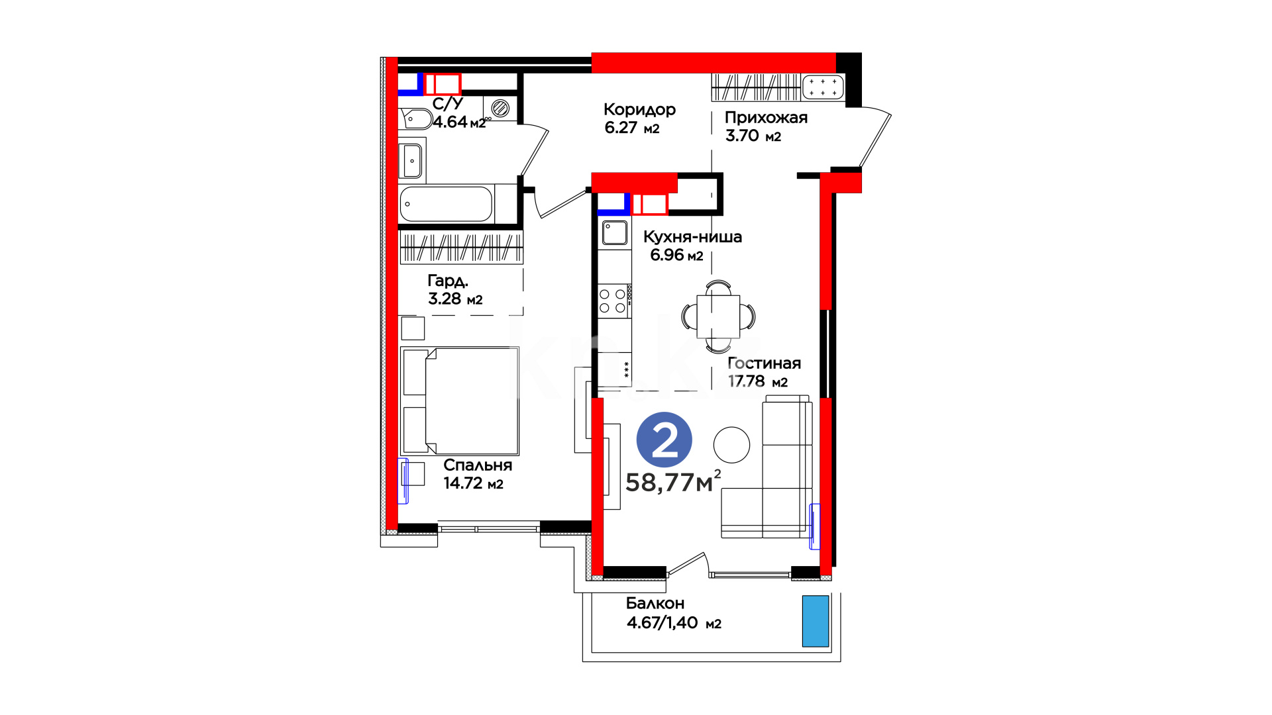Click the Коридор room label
(x=639, y=110)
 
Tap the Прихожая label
(x=766, y=118)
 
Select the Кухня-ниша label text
(x=692, y=237)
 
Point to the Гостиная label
(x=764, y=363)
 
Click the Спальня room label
(x=478, y=465)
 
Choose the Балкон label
(x=655, y=604)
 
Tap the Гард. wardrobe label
(x=448, y=281)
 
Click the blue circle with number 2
(x=664, y=440)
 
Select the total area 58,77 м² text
(x=673, y=482)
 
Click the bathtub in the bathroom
(x=447, y=204)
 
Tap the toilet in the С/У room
(x=415, y=119)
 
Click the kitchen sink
(x=615, y=233)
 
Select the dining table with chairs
(x=718, y=316)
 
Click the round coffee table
(x=731, y=445)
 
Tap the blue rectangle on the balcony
(x=816, y=621)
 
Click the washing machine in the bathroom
(x=500, y=108)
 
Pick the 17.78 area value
(x=746, y=381)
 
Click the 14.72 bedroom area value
(x=462, y=483)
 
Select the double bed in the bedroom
(x=460, y=401)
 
